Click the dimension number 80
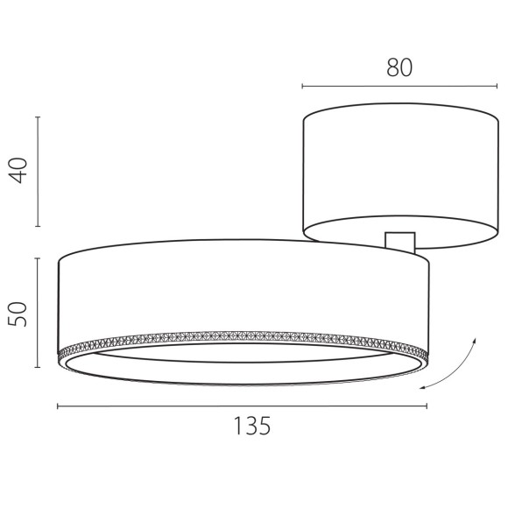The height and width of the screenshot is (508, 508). click(x=399, y=68)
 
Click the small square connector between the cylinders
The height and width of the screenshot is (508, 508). click(x=399, y=242)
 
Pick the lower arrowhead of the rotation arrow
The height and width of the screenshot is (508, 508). click(x=423, y=387)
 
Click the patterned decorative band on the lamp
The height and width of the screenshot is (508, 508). click(x=243, y=338)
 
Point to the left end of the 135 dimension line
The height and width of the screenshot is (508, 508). click(x=58, y=406)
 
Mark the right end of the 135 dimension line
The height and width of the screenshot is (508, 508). click(x=427, y=406)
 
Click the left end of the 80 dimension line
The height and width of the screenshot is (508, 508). click(x=302, y=86)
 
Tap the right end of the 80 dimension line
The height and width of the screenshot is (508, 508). click(x=497, y=86)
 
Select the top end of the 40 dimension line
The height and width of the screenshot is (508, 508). click(x=38, y=116)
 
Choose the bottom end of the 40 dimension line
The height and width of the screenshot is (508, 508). click(x=38, y=226)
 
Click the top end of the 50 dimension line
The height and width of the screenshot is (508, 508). click(x=38, y=258)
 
